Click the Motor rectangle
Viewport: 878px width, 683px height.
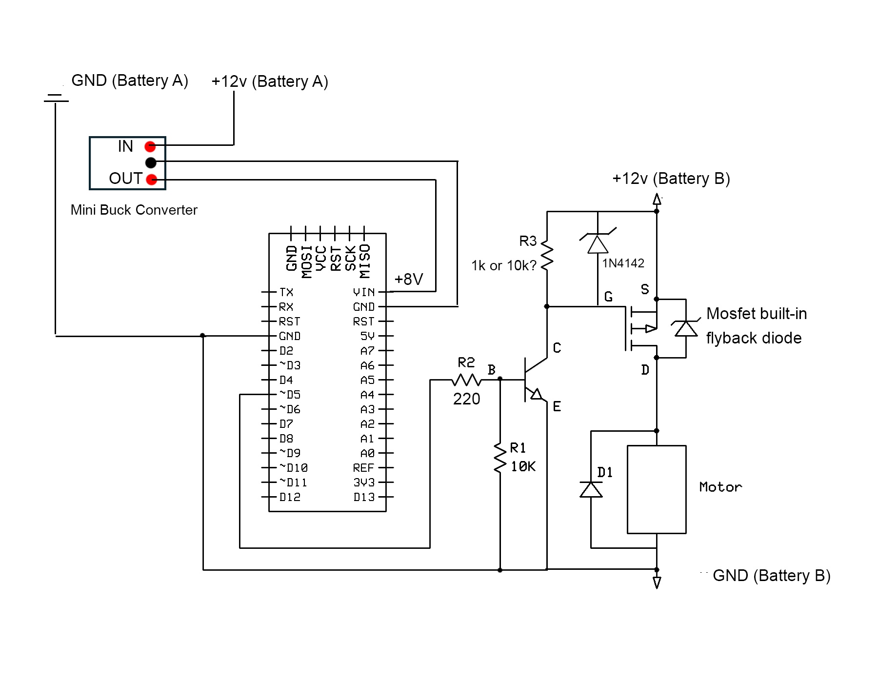point(657,489)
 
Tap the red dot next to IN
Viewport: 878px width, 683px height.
point(150,146)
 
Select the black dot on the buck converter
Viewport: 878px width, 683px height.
point(151,162)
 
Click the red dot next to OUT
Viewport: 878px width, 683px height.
point(152,180)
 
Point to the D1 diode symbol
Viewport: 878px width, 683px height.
point(591,489)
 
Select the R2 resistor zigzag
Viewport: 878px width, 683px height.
point(466,380)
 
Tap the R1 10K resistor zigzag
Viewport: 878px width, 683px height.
point(500,458)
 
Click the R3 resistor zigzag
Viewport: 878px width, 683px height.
point(547,255)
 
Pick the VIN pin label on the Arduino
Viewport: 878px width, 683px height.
point(364,292)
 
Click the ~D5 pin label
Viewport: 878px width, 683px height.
point(290,394)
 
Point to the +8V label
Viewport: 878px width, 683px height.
point(409,279)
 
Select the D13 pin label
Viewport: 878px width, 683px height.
point(364,497)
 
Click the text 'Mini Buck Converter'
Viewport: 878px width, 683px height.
point(134,210)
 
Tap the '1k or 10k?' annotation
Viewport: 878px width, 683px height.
point(504,265)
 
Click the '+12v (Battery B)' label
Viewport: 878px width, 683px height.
point(671,179)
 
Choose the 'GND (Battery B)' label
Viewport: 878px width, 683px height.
point(772,576)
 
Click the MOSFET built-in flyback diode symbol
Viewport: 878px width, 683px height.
point(686,328)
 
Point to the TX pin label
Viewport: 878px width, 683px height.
point(286,292)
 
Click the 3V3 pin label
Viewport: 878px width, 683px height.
point(364,482)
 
